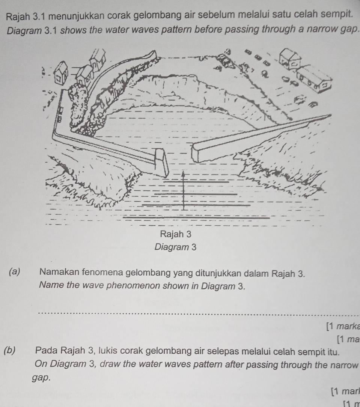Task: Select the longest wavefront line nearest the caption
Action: tap(196, 217)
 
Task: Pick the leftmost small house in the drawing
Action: tap(60, 71)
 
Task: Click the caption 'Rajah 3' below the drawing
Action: tap(176, 234)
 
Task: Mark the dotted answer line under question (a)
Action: tap(195, 312)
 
